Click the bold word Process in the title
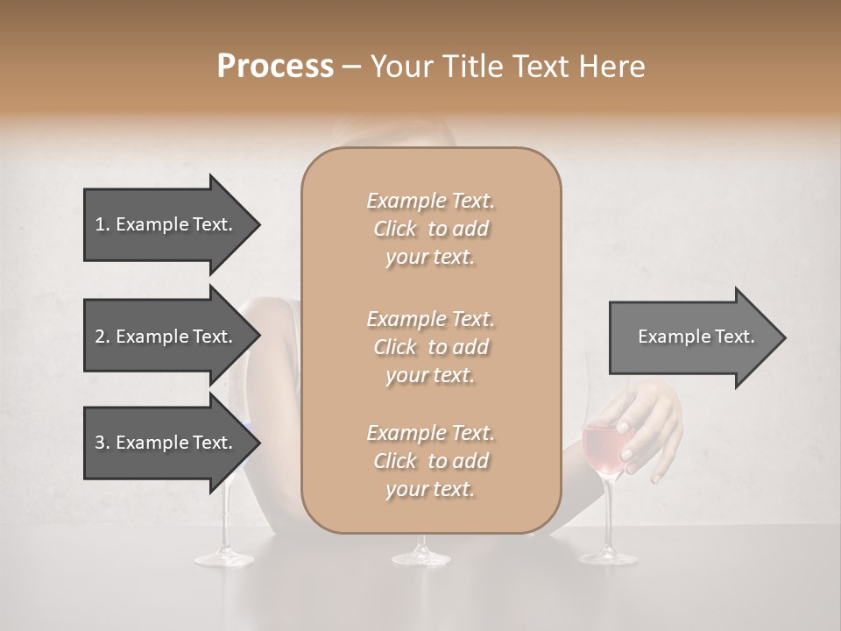coord(275,67)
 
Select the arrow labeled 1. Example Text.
coord(163,224)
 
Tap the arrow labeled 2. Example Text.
coord(163,337)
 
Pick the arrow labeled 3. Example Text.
coord(163,443)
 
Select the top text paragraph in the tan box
coord(431,229)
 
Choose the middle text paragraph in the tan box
coord(431,347)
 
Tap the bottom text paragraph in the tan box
coord(431,461)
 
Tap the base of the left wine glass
coord(224,556)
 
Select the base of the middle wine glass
coord(421,556)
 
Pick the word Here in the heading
coord(612,67)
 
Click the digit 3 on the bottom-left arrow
coord(100,443)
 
